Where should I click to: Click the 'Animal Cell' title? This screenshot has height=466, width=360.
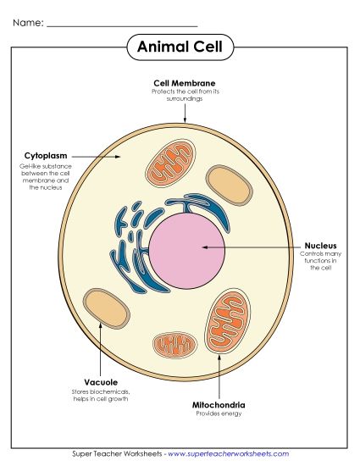[x=180, y=47]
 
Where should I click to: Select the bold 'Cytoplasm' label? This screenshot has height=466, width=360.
[x=45, y=157]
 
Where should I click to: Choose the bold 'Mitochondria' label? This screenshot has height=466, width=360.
[x=219, y=405]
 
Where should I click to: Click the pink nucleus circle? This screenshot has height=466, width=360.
[x=188, y=247]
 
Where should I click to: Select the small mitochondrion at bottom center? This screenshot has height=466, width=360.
[x=177, y=344]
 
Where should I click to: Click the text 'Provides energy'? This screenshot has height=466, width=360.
[x=219, y=414]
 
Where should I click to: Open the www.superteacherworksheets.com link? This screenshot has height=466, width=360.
[x=228, y=454]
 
